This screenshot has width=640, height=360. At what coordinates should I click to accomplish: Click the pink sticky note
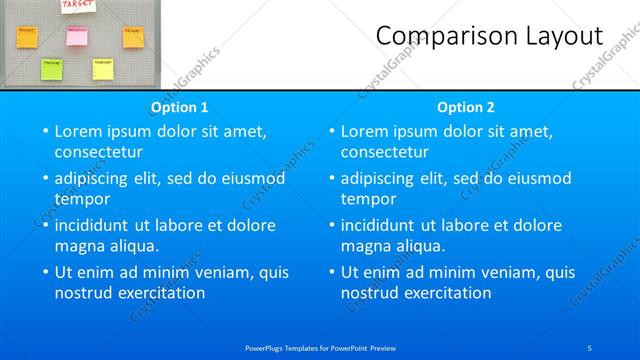(x=77, y=36)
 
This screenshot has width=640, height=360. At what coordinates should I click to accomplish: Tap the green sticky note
(x=50, y=68)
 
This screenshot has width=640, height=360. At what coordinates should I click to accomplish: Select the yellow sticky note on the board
(x=102, y=68)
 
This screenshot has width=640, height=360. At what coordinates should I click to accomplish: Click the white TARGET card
(x=78, y=6)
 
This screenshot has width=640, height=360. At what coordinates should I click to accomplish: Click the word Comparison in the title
(x=441, y=36)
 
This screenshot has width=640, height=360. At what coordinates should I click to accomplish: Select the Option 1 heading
(x=180, y=107)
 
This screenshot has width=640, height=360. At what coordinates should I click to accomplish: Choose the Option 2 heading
(x=466, y=107)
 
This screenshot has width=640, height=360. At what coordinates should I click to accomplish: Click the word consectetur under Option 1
(x=98, y=152)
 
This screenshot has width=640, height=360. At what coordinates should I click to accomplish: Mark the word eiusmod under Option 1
(x=250, y=178)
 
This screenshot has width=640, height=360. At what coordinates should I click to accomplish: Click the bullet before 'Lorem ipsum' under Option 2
(x=331, y=131)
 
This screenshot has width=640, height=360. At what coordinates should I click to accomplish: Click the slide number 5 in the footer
(x=590, y=347)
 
